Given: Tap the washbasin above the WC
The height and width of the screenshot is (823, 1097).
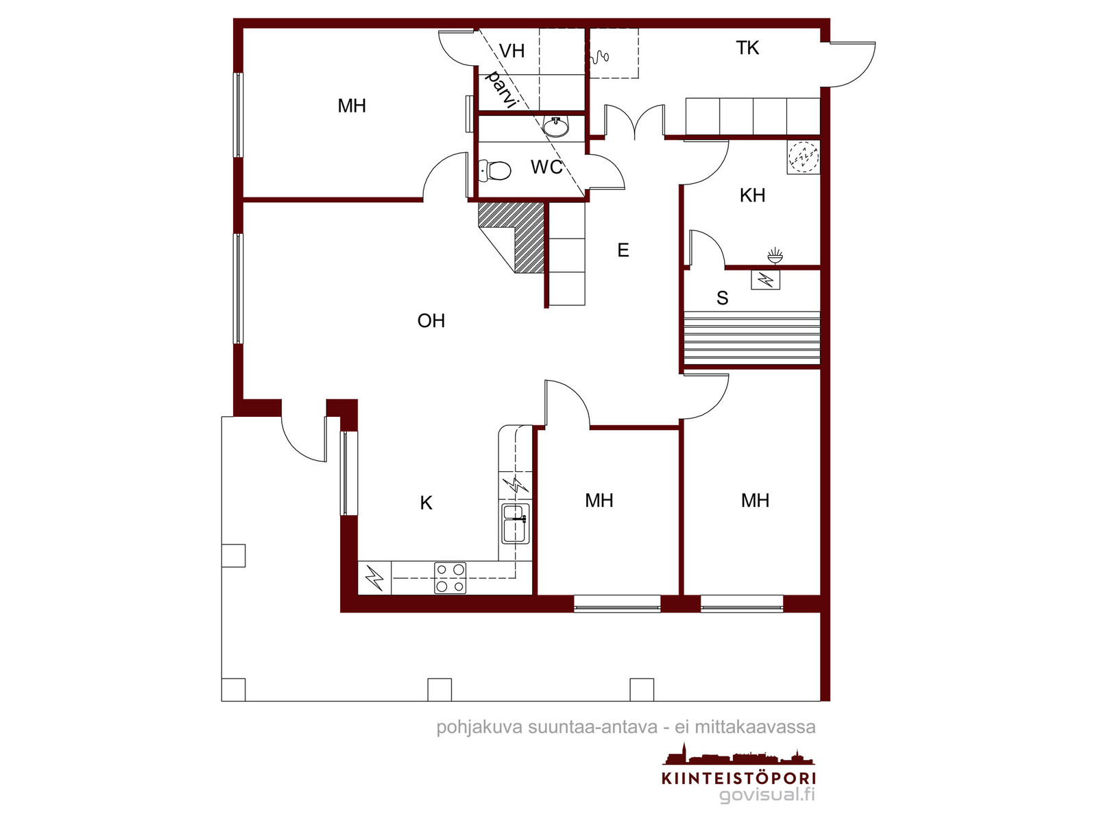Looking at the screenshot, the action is pyautogui.click(x=556, y=128).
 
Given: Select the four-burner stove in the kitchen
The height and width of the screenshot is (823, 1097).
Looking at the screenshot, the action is pyautogui.click(x=450, y=578).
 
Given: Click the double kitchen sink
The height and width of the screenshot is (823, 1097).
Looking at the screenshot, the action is pyautogui.click(x=516, y=524).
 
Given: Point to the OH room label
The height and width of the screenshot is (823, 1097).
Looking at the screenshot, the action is pyautogui.click(x=431, y=321).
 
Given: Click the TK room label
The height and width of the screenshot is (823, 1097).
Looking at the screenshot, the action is pyautogui.click(x=747, y=48).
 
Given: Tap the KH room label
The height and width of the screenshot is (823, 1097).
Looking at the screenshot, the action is pyautogui.click(x=752, y=195).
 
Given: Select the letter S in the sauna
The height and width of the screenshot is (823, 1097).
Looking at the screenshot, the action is pyautogui.click(x=722, y=298).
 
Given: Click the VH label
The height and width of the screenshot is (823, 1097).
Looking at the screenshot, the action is pyautogui.click(x=511, y=51).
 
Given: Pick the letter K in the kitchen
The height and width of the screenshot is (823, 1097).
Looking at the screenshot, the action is pyautogui.click(x=426, y=503).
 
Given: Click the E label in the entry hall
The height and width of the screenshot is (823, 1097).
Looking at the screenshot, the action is pyautogui.click(x=623, y=250).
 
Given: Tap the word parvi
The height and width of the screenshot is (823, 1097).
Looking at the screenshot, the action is pyautogui.click(x=501, y=90).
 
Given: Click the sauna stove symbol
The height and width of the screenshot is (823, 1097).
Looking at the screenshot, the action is pyautogui.click(x=765, y=281).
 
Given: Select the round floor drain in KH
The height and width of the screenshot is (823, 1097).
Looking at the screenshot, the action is pyautogui.click(x=804, y=157).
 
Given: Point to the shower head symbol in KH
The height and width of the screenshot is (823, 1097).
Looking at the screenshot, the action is pyautogui.click(x=775, y=255).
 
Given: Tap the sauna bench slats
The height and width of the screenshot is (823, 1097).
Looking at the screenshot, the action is pyautogui.click(x=751, y=338).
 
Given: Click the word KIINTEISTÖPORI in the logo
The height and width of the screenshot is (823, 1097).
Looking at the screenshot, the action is pyautogui.click(x=738, y=778).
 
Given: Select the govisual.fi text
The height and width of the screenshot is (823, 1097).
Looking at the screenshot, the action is pyautogui.click(x=767, y=794).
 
